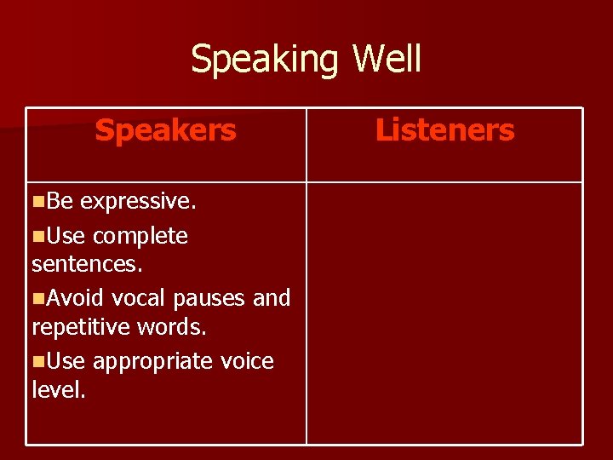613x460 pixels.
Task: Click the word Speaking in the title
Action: [x=265, y=60]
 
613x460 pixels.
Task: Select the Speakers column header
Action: [x=165, y=130]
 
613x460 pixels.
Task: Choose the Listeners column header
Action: [x=444, y=130]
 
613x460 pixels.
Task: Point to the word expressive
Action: [x=138, y=202]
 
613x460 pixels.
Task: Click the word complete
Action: [x=140, y=236]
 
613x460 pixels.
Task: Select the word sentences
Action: [x=87, y=265]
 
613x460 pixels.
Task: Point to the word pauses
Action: [x=209, y=298]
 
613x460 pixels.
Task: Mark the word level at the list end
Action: [x=58, y=391]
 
